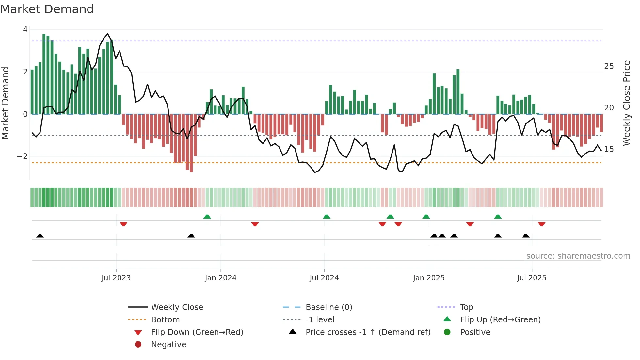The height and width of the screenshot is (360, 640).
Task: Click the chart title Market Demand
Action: pos(47,9)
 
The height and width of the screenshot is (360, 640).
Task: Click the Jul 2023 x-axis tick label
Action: pos(116,278)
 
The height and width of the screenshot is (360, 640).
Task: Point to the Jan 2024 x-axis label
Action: pos(220,278)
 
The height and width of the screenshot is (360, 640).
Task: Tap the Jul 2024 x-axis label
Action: pos(324,278)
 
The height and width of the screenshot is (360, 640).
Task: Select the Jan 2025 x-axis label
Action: pos(428,278)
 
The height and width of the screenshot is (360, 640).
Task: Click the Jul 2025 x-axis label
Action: pos(532,278)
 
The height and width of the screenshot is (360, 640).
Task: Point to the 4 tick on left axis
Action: pos(25,30)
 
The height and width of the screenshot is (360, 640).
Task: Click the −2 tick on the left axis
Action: pos(22,156)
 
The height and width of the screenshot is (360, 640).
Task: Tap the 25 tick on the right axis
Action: pos(609,66)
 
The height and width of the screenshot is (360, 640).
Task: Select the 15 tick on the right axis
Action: pos(609,149)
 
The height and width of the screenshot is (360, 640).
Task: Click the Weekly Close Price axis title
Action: pos(626,103)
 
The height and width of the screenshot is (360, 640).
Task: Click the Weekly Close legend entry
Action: pos(177,307)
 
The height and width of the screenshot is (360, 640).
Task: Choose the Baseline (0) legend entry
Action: pos(328,307)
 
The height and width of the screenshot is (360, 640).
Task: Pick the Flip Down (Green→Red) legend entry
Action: pos(197,332)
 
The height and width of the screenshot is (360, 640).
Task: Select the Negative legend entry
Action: pos(168,345)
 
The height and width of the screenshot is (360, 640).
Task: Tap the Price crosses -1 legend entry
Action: pos(368,332)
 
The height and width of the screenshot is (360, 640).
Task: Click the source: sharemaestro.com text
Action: pos(578,256)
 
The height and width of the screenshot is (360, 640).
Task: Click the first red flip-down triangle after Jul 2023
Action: pos(123,224)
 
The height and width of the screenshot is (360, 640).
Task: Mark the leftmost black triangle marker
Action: pos(40,236)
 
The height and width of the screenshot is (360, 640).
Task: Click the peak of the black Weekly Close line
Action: pos(108,34)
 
